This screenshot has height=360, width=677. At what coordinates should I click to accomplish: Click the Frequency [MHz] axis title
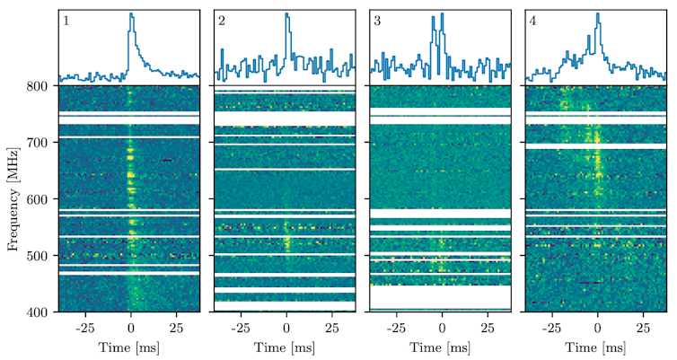coord(13,198)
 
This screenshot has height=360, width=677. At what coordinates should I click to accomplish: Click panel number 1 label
coord(66,20)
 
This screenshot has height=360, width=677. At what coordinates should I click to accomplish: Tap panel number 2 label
coord(222,20)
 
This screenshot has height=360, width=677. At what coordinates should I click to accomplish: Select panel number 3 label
coord(377,20)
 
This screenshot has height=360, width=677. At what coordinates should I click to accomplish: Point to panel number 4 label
coord(532,20)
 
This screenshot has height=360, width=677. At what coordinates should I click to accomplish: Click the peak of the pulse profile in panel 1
coord(131,14)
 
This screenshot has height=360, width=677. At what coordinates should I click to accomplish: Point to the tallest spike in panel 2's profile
coord(286,14)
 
